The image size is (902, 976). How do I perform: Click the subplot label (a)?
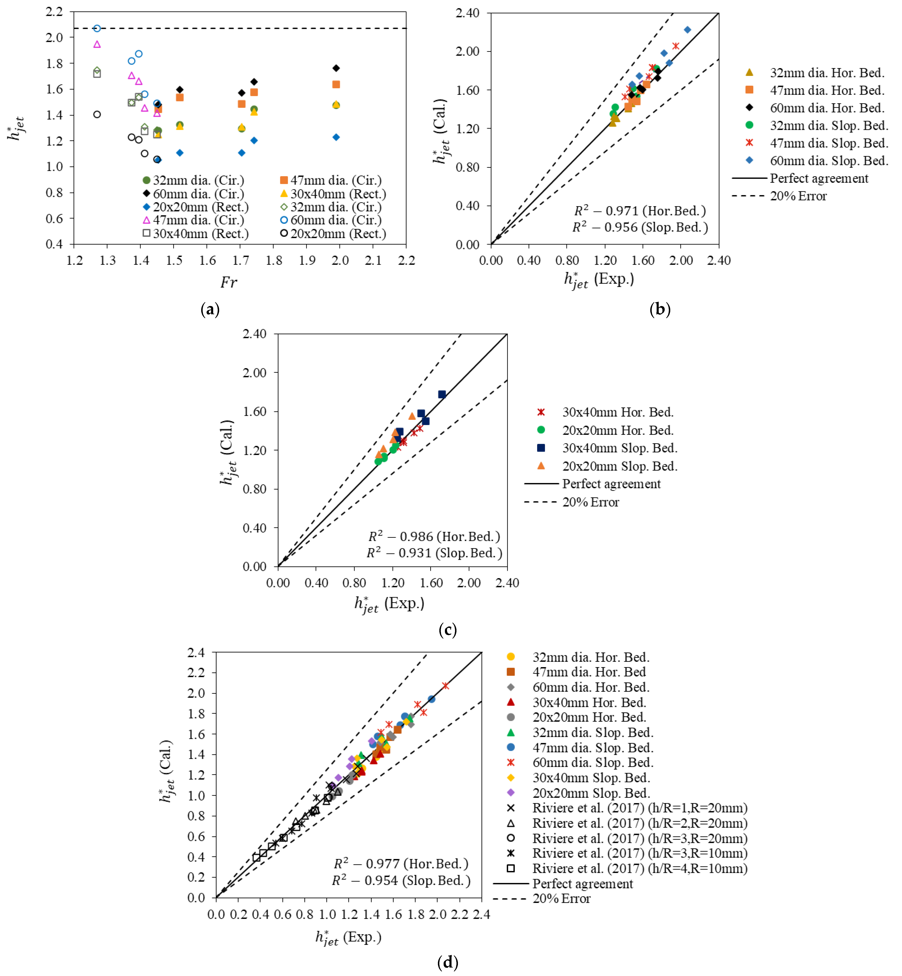pyautogui.click(x=210, y=309)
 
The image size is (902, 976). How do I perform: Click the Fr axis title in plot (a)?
pyautogui.click(x=228, y=282)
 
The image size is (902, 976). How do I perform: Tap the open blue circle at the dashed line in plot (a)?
pyautogui.click(x=97, y=28)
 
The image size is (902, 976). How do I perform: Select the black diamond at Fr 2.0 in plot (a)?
pyautogui.click(x=336, y=68)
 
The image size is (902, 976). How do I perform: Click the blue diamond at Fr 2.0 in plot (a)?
pyautogui.click(x=336, y=137)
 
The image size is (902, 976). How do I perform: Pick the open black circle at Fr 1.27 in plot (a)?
pyautogui.click(x=97, y=115)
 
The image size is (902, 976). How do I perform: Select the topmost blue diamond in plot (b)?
pyautogui.click(x=687, y=30)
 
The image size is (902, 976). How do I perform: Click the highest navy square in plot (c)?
pyautogui.click(x=442, y=394)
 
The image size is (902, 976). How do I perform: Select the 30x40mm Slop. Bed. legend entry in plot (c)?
pyautogui.click(x=619, y=448)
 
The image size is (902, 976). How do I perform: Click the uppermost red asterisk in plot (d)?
pyautogui.click(x=445, y=686)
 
